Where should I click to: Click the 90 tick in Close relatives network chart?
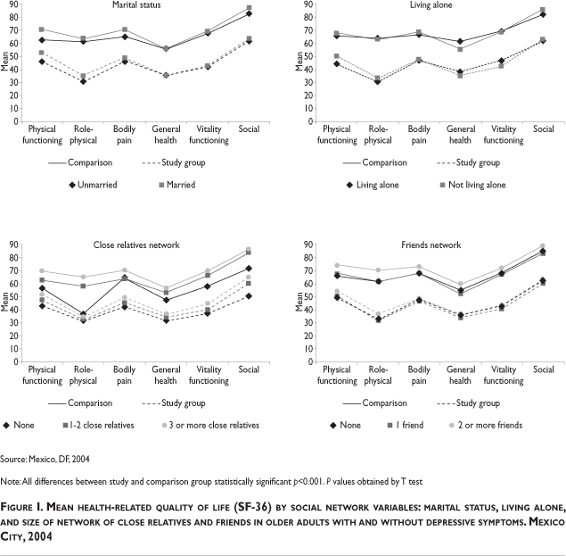pyautogui.click(x=13, y=244)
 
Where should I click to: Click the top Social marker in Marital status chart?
pyautogui.click(x=249, y=8)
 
